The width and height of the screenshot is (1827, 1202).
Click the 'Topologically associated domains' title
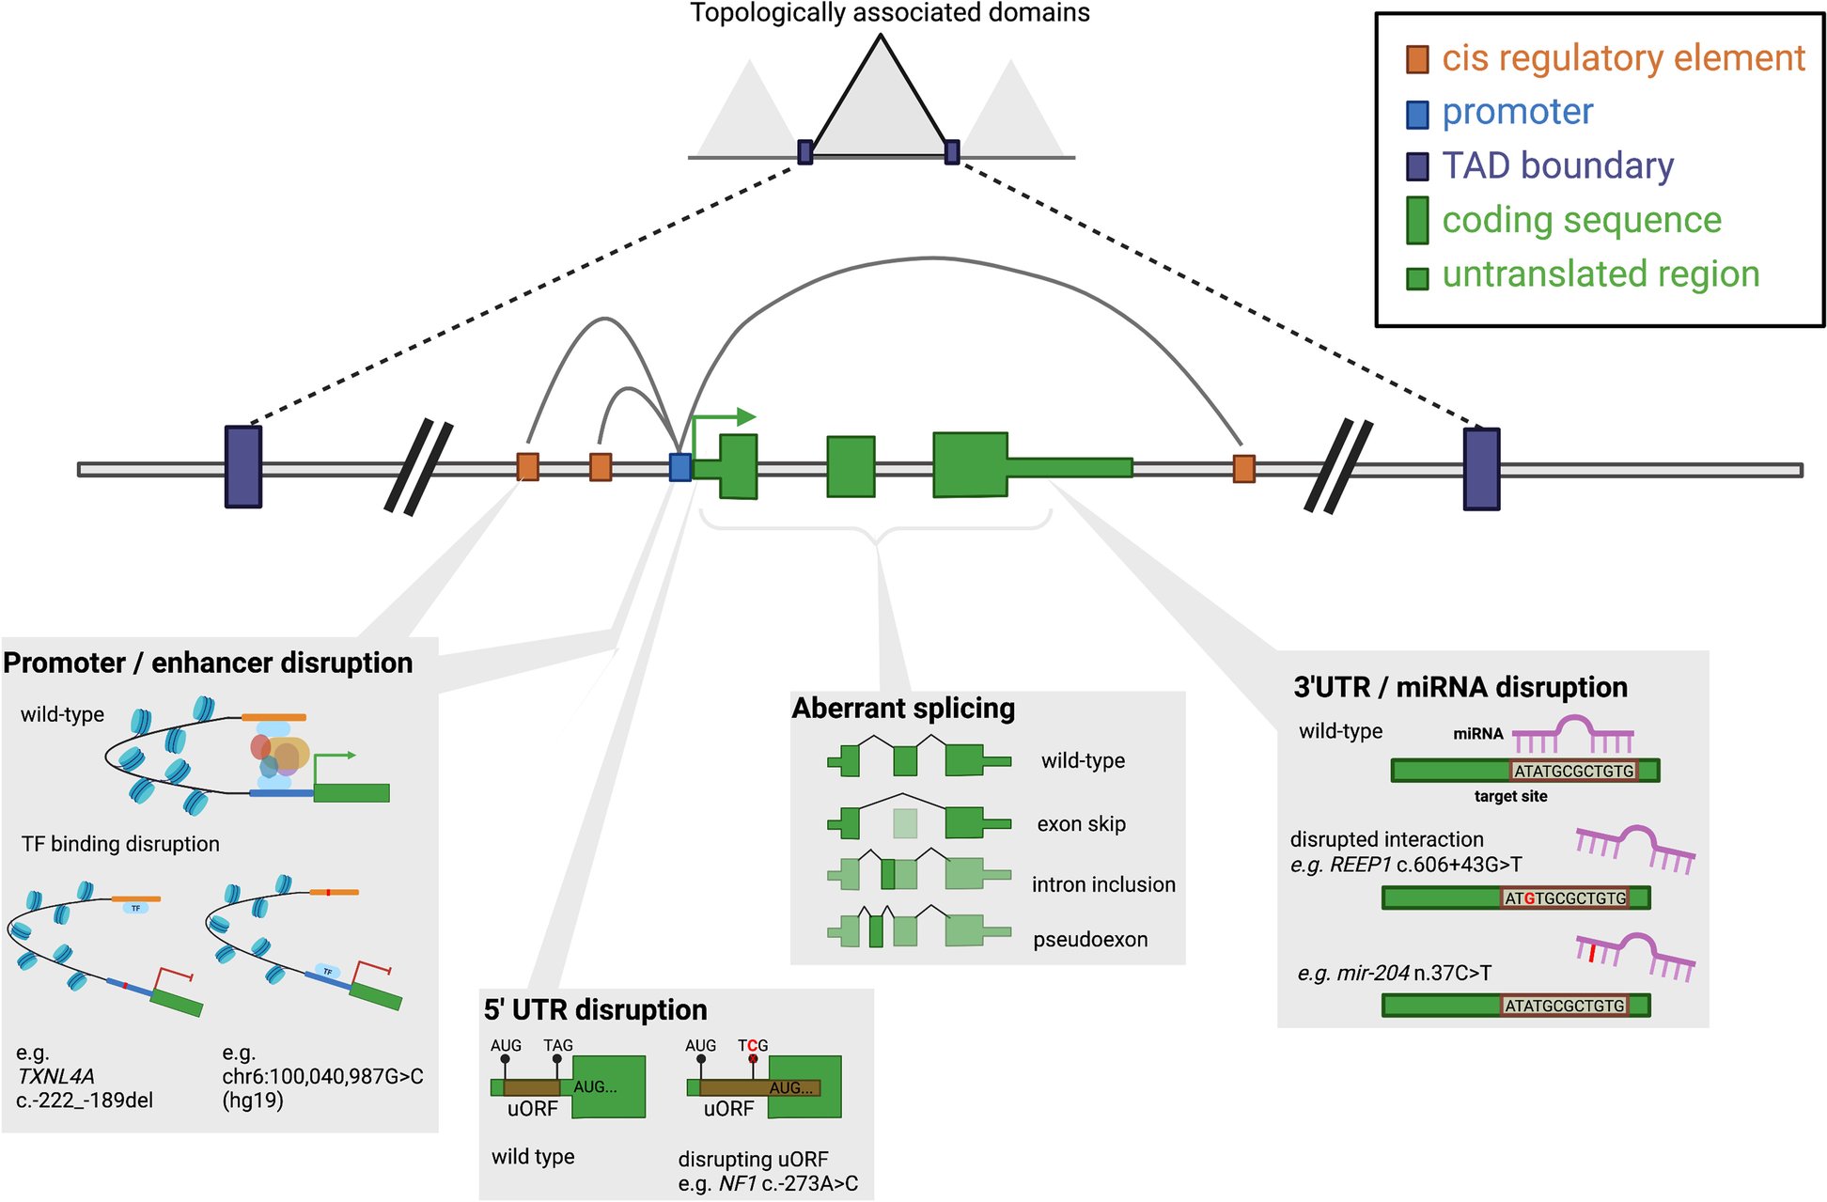[x=889, y=13]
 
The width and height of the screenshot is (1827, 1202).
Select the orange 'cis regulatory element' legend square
[x=1417, y=59]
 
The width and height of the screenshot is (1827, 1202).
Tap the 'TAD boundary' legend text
[x=1557, y=166]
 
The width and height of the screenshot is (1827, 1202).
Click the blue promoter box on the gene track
[x=679, y=467]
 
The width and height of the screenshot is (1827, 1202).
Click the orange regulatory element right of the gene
[x=1243, y=468]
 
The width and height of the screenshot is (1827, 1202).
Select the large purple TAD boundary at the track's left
[x=243, y=467]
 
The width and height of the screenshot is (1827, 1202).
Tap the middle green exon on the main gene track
[x=851, y=466]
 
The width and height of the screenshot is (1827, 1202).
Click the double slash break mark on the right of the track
[x=1338, y=466]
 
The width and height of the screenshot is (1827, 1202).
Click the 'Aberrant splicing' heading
[x=903, y=709]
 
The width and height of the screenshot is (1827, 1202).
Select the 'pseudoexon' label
[x=1090, y=940]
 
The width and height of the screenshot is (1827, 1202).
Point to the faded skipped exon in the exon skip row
[x=904, y=824]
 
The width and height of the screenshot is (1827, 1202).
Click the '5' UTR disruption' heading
[x=595, y=1010]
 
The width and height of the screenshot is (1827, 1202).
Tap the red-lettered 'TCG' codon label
[x=753, y=1046]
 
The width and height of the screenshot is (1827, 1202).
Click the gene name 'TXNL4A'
[x=56, y=1077]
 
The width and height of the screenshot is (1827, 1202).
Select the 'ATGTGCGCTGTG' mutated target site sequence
[x=1565, y=898]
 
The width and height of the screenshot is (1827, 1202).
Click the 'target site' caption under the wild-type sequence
[x=1510, y=797]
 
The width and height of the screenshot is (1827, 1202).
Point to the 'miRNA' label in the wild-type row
[x=1478, y=734]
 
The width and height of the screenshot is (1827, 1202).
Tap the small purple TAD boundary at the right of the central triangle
[x=952, y=152]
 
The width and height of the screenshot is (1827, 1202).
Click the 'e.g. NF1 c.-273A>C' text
[x=768, y=1184]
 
